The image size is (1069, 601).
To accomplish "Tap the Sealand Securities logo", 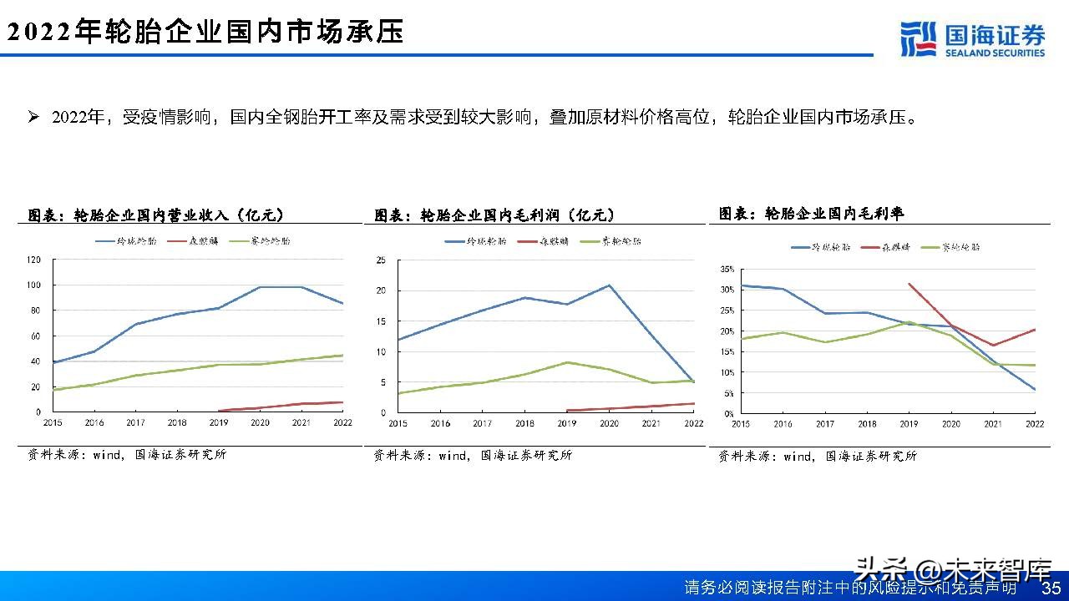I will point(973,39).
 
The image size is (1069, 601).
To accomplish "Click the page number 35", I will point(1051,588).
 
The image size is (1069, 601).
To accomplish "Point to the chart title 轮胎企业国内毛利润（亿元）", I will point(494,215).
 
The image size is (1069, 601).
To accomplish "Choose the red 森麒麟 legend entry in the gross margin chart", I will point(890,247).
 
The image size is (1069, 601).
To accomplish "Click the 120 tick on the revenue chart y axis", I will point(33,260).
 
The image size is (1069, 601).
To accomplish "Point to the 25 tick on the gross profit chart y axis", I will point(380,260).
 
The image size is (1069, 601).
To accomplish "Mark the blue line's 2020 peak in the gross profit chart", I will point(609,285).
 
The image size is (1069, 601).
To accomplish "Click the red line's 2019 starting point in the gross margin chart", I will point(909,284).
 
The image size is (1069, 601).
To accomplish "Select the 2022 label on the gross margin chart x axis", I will point(1035,424).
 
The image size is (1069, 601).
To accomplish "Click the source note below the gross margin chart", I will point(818,456).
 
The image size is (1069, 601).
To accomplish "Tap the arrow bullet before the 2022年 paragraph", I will point(34,117).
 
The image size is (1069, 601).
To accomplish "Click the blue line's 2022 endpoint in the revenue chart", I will point(342,303).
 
